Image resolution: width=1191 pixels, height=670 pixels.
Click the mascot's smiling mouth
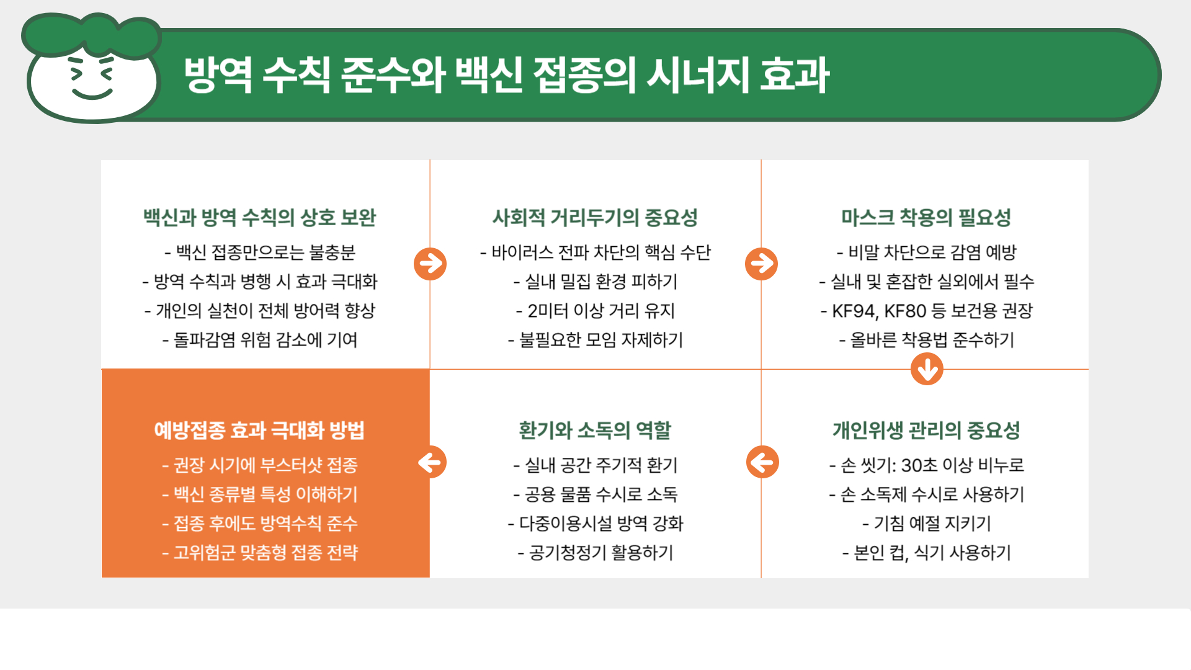click(92, 94)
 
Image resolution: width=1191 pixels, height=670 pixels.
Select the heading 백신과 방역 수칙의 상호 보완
click(260, 218)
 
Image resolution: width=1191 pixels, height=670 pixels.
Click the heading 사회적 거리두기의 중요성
click(595, 218)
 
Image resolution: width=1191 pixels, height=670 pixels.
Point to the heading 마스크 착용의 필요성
click(926, 218)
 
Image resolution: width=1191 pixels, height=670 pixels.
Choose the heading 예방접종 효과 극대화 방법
click(259, 431)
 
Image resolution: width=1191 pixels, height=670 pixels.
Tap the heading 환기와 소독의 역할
click(595, 431)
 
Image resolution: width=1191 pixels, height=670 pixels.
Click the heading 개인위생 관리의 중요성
click(926, 431)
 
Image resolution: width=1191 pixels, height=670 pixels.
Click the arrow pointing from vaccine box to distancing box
click(430, 264)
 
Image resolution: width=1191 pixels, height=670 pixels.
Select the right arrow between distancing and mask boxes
click(761, 264)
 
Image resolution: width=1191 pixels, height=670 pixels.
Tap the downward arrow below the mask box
click(927, 369)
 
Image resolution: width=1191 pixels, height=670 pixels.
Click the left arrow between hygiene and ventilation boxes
click(762, 462)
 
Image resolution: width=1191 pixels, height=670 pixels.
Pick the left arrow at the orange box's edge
click(430, 462)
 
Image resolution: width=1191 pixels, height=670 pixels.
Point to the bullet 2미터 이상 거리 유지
click(595, 311)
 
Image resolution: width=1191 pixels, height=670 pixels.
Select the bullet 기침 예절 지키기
click(926, 524)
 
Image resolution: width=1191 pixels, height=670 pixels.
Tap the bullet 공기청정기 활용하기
click(595, 553)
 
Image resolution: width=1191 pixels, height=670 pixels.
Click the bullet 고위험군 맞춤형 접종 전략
click(260, 553)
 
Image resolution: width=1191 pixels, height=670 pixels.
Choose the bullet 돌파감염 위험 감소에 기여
click(260, 340)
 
